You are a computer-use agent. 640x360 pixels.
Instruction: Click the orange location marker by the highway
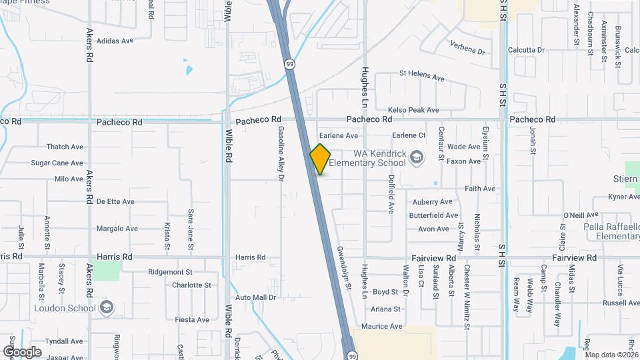[x=320, y=159]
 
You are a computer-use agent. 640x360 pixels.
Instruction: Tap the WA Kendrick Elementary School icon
[x=417, y=157]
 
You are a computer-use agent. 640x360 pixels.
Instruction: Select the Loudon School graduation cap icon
[x=107, y=308]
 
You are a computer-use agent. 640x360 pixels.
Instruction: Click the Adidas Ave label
[x=115, y=41]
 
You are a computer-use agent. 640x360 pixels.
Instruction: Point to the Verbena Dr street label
[x=467, y=47]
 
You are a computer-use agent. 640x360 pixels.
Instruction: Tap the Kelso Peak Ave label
[x=413, y=110]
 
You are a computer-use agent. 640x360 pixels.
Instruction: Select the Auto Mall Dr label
[x=255, y=297]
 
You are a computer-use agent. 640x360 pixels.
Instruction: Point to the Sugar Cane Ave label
[x=57, y=163]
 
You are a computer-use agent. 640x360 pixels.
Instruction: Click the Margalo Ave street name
[x=117, y=229]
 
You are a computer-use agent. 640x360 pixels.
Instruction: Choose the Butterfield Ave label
[x=433, y=215]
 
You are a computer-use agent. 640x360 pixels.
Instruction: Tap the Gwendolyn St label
[x=344, y=267]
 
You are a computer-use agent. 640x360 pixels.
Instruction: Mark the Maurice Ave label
[x=382, y=327]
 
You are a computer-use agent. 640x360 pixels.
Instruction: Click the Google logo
[x=21, y=351]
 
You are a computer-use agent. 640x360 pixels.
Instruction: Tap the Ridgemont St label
[x=170, y=272]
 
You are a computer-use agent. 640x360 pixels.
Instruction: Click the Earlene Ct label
[x=409, y=135]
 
